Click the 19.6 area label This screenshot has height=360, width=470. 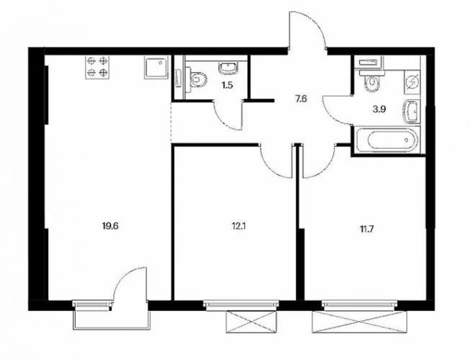111,225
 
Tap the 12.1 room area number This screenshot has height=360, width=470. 238,225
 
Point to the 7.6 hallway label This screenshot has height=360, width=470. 302,99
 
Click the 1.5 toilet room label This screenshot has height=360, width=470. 227,86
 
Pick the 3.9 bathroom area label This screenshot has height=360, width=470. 379,109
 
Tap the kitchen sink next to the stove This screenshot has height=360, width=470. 155,68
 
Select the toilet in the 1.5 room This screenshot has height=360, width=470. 196,80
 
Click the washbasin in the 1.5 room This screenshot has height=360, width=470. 230,67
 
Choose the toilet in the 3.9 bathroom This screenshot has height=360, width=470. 372,81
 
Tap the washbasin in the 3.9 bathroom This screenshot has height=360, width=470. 412,112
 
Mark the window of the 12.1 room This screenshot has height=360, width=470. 240,305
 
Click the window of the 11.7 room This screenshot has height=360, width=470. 361,305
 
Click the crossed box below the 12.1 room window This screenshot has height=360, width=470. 250,322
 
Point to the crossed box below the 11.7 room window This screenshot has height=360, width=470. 360,322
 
